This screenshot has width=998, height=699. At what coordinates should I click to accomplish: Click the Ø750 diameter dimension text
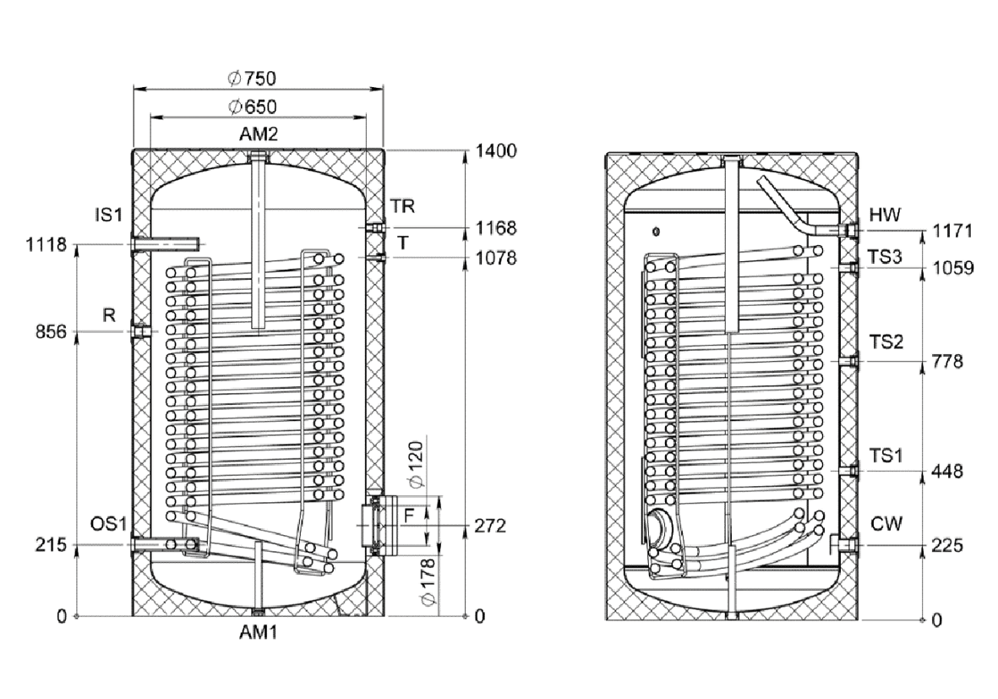click(252, 79)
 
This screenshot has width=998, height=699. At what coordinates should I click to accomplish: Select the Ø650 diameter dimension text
click(252, 106)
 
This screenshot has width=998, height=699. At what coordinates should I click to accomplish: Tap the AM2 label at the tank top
click(259, 134)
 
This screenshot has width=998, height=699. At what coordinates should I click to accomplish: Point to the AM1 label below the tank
click(259, 632)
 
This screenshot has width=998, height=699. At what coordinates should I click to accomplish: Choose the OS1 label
click(108, 524)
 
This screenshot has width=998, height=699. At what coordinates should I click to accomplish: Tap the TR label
click(403, 206)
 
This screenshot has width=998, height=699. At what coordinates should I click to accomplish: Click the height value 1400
click(496, 151)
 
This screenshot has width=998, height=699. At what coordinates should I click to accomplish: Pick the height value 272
click(489, 526)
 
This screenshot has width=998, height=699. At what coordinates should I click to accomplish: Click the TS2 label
click(887, 341)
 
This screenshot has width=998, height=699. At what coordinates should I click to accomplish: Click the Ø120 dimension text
click(427, 464)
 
